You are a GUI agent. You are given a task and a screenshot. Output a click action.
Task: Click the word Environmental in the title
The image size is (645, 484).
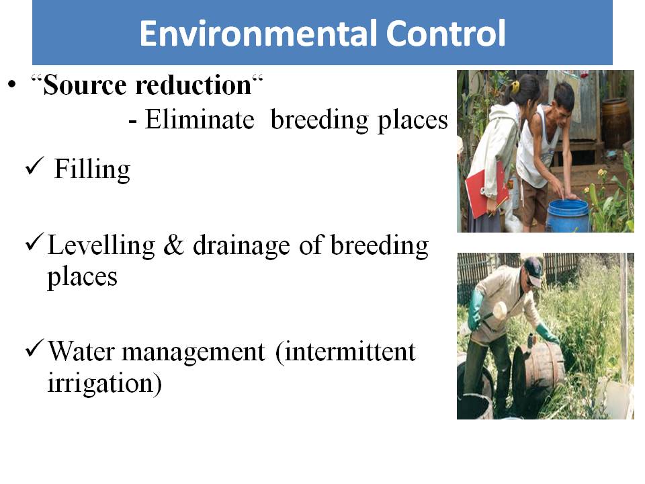point(258,33)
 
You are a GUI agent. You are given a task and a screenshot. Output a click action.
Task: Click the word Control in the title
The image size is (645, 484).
point(445,33)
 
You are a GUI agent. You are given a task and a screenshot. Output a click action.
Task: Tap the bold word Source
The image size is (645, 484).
point(85,85)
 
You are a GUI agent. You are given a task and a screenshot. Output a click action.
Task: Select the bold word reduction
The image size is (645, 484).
point(193,85)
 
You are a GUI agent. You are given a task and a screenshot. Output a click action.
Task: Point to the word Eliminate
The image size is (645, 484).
point(200,120)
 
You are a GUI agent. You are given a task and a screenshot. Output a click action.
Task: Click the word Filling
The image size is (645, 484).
point(92,169)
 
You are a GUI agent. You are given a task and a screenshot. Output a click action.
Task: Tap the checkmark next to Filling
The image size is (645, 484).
point(34,166)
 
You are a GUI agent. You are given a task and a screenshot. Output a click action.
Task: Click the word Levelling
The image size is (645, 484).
point(101,246)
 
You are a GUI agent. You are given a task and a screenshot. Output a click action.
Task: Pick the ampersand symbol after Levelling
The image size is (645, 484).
point(173,246)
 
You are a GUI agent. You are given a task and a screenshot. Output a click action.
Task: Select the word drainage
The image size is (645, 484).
point(241,246)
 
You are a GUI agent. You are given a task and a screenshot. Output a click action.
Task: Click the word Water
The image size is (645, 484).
point(81,352)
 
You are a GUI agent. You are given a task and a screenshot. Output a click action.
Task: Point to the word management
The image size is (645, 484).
point(193,353)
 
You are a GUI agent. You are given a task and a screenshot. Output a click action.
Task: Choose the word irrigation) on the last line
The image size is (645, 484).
point(105,383)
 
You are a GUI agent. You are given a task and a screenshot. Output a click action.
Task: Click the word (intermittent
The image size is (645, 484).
point(345,352)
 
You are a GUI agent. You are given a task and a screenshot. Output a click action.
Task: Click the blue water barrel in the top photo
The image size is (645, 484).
point(568,216)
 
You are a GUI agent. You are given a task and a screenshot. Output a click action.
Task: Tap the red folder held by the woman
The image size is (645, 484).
point(485,188)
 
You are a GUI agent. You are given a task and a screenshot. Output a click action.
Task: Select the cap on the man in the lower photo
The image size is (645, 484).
point(533,270)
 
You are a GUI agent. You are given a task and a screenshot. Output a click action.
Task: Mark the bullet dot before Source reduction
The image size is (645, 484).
point(12,85)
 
